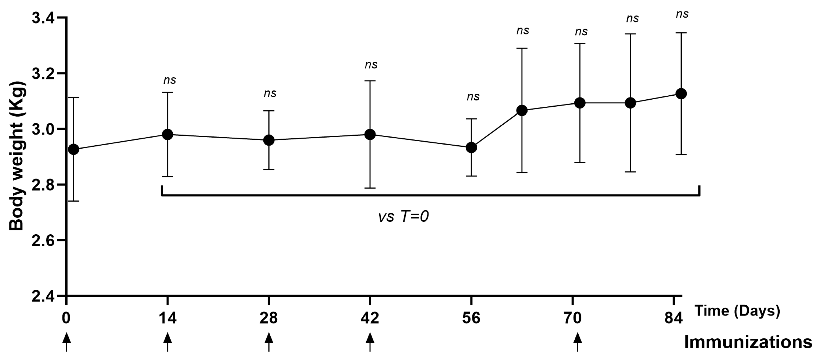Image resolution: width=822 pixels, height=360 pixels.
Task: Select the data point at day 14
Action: coord(167,134)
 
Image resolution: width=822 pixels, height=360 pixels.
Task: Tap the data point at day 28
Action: coord(269,140)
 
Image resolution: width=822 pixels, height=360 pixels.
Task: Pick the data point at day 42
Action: coord(370,134)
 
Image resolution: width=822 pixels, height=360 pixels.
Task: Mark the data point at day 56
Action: coord(471,147)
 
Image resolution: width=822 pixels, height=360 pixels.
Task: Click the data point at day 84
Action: coord(681,94)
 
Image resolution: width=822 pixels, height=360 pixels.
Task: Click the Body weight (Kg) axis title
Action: coord(17,156)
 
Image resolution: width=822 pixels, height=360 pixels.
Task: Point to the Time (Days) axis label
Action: coord(737,311)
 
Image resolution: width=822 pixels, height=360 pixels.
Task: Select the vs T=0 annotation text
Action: coord(403,217)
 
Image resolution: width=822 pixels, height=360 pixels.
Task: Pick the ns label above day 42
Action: coord(371,65)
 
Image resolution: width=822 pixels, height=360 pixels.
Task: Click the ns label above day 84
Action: coord(682,14)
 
